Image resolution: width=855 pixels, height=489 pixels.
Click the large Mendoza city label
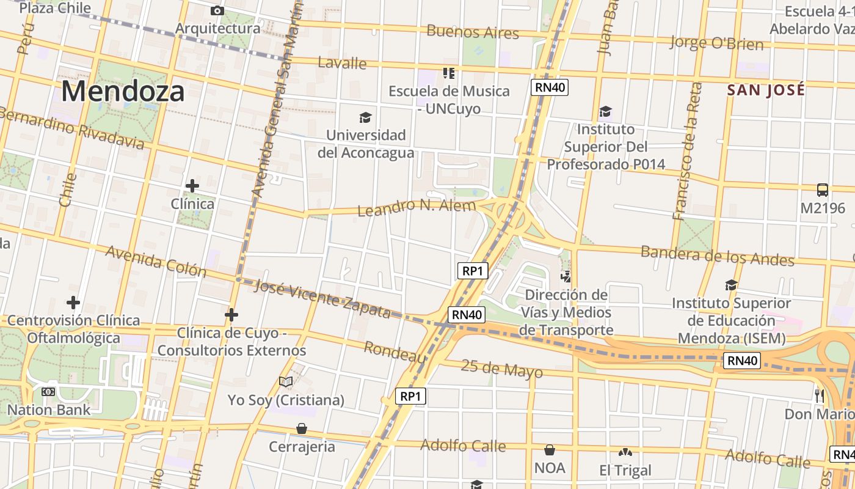(122, 92)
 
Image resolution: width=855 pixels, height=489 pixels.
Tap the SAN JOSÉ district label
(766, 90)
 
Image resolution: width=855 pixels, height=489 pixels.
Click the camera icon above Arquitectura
(217, 10)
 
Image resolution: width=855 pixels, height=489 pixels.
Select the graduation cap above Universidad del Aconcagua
(365, 117)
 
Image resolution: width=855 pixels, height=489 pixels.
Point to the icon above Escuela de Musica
(449, 73)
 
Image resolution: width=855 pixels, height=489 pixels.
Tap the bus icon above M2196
(823, 189)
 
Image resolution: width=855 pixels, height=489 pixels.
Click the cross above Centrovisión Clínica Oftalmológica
(73, 302)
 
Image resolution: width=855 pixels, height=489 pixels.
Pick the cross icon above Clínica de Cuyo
(231, 315)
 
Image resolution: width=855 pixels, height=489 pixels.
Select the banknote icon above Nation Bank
(48, 392)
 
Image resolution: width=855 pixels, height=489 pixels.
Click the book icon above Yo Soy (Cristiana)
(286, 382)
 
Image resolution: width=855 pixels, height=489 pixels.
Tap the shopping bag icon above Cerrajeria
(302, 428)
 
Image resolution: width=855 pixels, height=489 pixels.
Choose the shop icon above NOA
(550, 450)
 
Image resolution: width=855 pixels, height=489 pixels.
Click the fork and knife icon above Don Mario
(819, 395)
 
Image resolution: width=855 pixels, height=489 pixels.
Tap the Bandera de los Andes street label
(717, 256)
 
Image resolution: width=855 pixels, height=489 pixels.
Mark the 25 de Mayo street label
(501, 369)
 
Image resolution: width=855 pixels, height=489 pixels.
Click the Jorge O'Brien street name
(716, 43)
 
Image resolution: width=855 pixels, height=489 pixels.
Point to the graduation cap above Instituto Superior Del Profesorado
(605, 111)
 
